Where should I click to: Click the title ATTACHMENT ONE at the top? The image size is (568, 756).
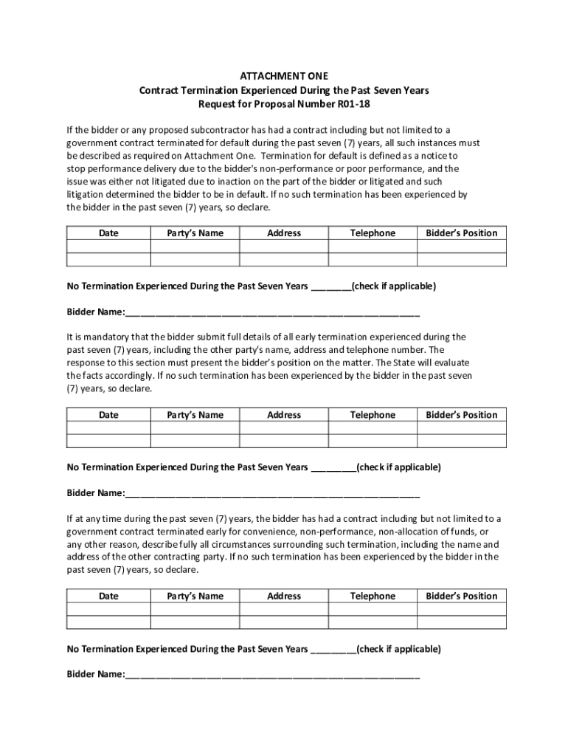[x=284, y=75]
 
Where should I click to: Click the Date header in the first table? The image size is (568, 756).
[x=108, y=233]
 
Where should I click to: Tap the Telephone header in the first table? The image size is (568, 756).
[x=373, y=233]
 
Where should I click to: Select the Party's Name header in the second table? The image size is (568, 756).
[x=195, y=415]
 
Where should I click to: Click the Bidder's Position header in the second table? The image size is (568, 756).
[x=462, y=415]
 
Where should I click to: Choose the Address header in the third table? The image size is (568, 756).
[x=284, y=596]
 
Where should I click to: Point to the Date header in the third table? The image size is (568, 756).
[x=108, y=596]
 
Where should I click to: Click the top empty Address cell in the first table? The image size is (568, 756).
[x=284, y=247]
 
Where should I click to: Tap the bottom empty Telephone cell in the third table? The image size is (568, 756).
[x=373, y=622]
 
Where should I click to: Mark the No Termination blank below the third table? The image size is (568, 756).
[x=333, y=650]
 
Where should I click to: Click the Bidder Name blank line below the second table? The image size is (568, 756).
[x=272, y=493]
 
